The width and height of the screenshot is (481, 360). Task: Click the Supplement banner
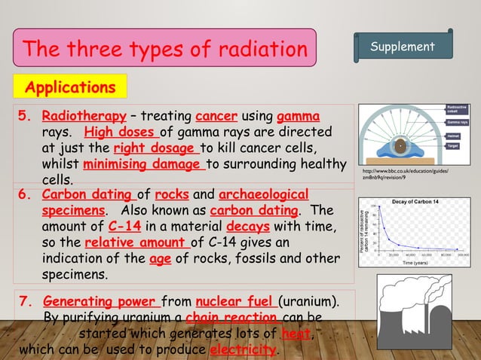[403, 47]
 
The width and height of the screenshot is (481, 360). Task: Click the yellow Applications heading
[70, 87]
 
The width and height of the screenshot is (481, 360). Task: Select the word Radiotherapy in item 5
[84, 117]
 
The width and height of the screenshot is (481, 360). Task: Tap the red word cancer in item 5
[216, 117]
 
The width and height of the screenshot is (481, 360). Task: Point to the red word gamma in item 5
[298, 117]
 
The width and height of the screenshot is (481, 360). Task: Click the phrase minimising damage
[143, 164]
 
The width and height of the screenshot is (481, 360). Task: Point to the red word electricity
[243, 350]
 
